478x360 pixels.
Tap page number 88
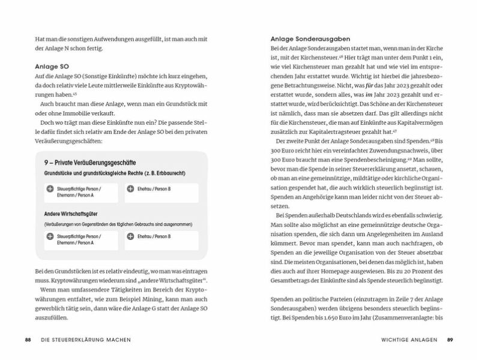click(28, 340)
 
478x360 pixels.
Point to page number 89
click(450, 340)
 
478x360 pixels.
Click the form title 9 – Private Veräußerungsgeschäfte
click(90, 162)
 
